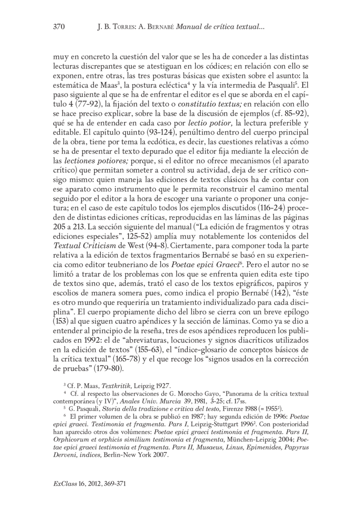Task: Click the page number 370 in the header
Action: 59,28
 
